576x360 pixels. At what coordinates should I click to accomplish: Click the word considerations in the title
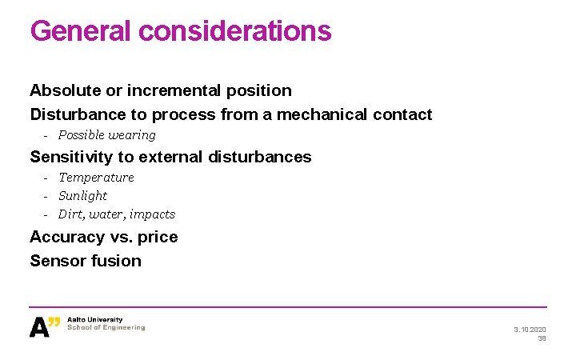tap(234, 30)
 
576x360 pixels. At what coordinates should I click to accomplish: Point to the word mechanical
tap(322, 114)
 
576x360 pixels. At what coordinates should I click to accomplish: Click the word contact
tap(402, 114)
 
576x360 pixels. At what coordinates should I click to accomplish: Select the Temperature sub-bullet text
tap(96, 178)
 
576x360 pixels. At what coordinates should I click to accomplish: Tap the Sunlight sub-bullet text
tap(82, 196)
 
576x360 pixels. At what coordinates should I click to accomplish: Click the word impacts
tap(152, 214)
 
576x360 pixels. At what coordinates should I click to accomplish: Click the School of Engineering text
tap(106, 327)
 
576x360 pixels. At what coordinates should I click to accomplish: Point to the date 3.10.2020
tap(530, 329)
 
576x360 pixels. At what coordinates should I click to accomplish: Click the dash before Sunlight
tap(47, 196)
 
